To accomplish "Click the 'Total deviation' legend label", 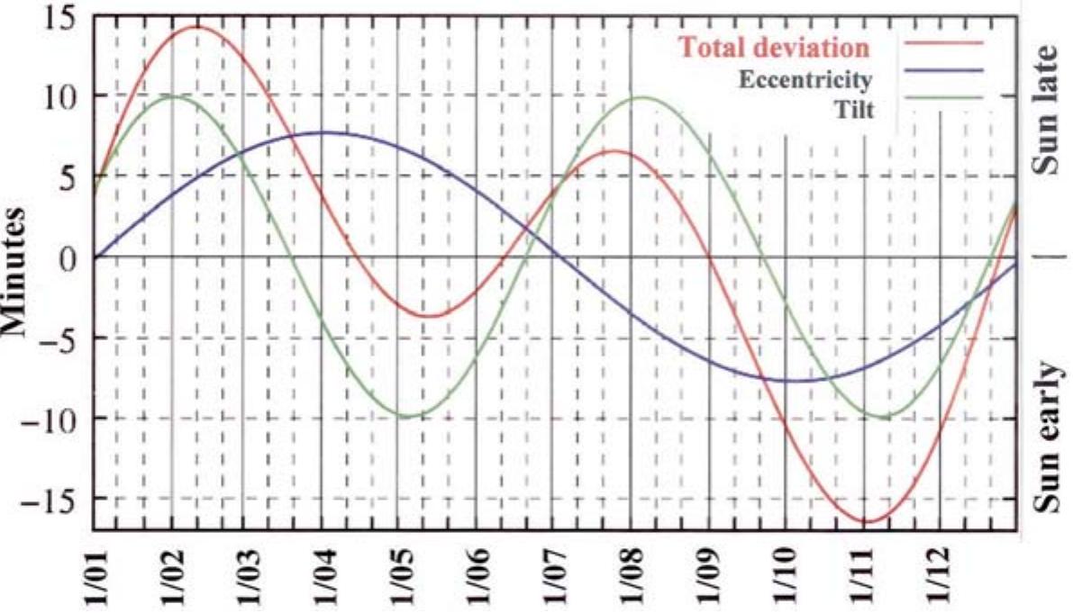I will (775, 46).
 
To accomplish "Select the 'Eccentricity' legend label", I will (805, 79).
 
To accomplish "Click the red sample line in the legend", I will (942, 42).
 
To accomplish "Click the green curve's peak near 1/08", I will (642, 97).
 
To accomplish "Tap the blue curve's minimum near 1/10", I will (791, 380).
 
